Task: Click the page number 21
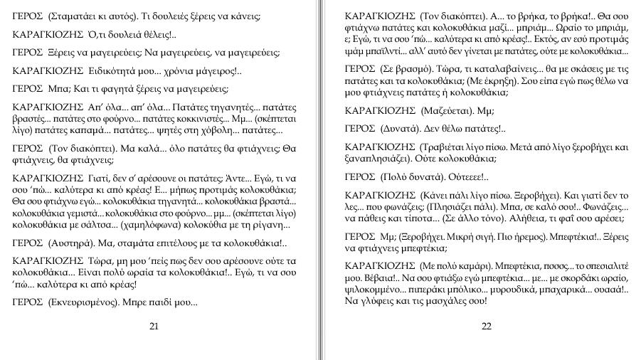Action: tap(154, 327)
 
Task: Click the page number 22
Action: tap(486, 327)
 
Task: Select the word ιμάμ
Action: tap(354, 51)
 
